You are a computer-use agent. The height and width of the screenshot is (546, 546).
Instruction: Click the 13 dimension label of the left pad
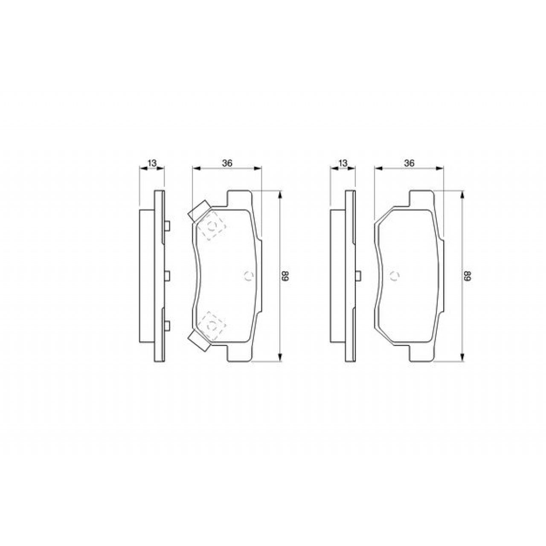coord(152,163)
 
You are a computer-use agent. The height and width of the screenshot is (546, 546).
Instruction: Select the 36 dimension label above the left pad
coord(227,163)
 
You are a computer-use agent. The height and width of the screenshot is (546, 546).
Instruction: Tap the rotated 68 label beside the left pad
coord(285,277)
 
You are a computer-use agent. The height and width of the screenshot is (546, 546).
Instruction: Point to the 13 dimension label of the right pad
coord(343,163)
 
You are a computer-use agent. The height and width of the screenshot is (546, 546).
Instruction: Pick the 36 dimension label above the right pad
coord(409,163)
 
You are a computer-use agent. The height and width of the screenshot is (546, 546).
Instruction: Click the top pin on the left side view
coord(167,226)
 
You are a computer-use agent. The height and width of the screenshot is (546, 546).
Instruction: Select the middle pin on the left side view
coord(167,276)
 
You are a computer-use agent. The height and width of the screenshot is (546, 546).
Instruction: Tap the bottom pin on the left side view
coord(167,326)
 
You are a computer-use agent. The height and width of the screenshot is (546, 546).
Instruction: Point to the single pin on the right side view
coord(358,276)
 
